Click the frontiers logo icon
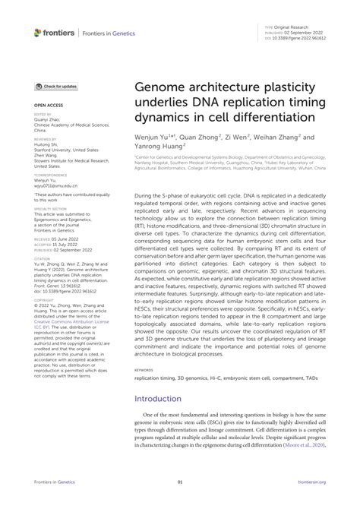tap(38, 32)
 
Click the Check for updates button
tap(55, 88)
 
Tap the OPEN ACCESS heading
tap(47, 106)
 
